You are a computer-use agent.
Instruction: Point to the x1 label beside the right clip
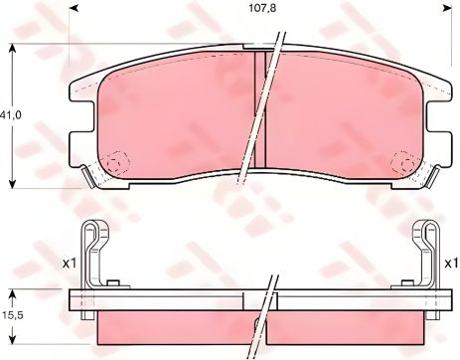point(448,263)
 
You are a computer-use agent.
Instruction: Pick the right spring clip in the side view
point(425,253)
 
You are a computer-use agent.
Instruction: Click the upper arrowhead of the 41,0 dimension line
point(12,50)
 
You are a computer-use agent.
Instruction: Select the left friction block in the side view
point(169,327)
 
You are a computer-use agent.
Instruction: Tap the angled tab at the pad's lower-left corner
point(91,179)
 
